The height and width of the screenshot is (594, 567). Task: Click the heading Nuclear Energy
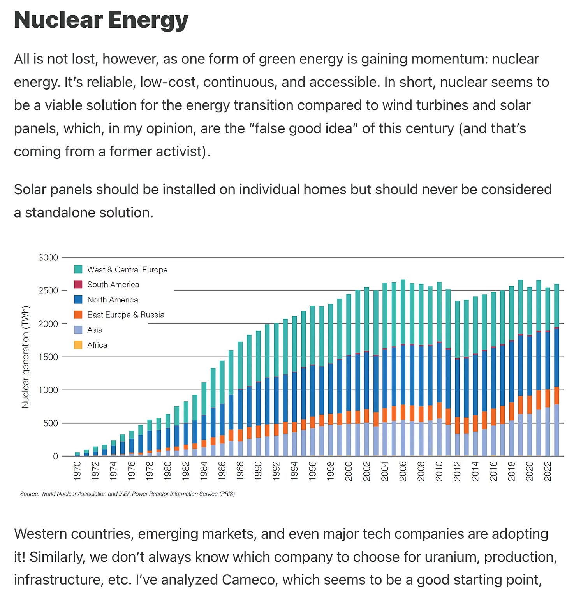point(101,20)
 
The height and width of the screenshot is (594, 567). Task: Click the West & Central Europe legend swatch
point(78,269)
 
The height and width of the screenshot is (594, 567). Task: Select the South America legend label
point(113,285)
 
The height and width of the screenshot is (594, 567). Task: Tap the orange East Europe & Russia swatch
point(78,315)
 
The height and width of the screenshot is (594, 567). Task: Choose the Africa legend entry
point(97,345)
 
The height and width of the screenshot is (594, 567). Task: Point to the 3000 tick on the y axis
point(48,257)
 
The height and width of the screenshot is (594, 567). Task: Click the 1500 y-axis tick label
point(48,357)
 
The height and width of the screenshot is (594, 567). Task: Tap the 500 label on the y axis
point(50,423)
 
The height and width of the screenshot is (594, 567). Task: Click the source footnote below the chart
point(127,494)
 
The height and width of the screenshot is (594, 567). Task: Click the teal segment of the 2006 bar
point(403,311)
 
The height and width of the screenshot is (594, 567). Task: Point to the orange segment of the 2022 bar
point(548,398)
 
